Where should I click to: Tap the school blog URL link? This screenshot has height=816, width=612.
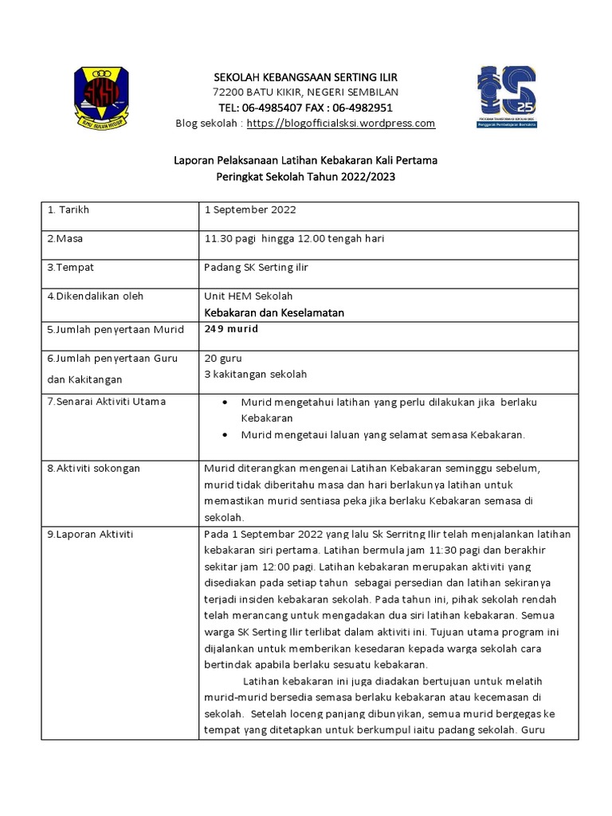[x=341, y=124]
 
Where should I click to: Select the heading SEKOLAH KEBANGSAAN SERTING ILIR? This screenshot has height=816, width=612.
[x=305, y=76]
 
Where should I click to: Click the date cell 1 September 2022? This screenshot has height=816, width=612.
[x=250, y=210]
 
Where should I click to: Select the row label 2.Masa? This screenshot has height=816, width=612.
[x=66, y=238]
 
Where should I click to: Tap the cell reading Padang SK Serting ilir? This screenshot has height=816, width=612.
[x=256, y=267]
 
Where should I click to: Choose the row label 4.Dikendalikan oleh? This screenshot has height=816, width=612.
[x=96, y=296]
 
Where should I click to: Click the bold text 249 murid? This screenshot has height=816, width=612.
[x=232, y=328]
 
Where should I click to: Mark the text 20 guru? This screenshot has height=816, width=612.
[x=223, y=359]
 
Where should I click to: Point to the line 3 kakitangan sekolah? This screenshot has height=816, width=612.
[x=255, y=374]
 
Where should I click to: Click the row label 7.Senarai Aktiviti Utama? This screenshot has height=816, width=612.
[x=107, y=402]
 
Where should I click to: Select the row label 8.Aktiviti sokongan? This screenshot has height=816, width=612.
[x=94, y=468]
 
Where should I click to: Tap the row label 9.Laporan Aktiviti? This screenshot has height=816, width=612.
[x=90, y=534]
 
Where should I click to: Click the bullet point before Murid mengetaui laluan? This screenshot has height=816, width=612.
[x=226, y=434]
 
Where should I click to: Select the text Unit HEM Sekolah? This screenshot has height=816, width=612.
[x=248, y=296]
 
